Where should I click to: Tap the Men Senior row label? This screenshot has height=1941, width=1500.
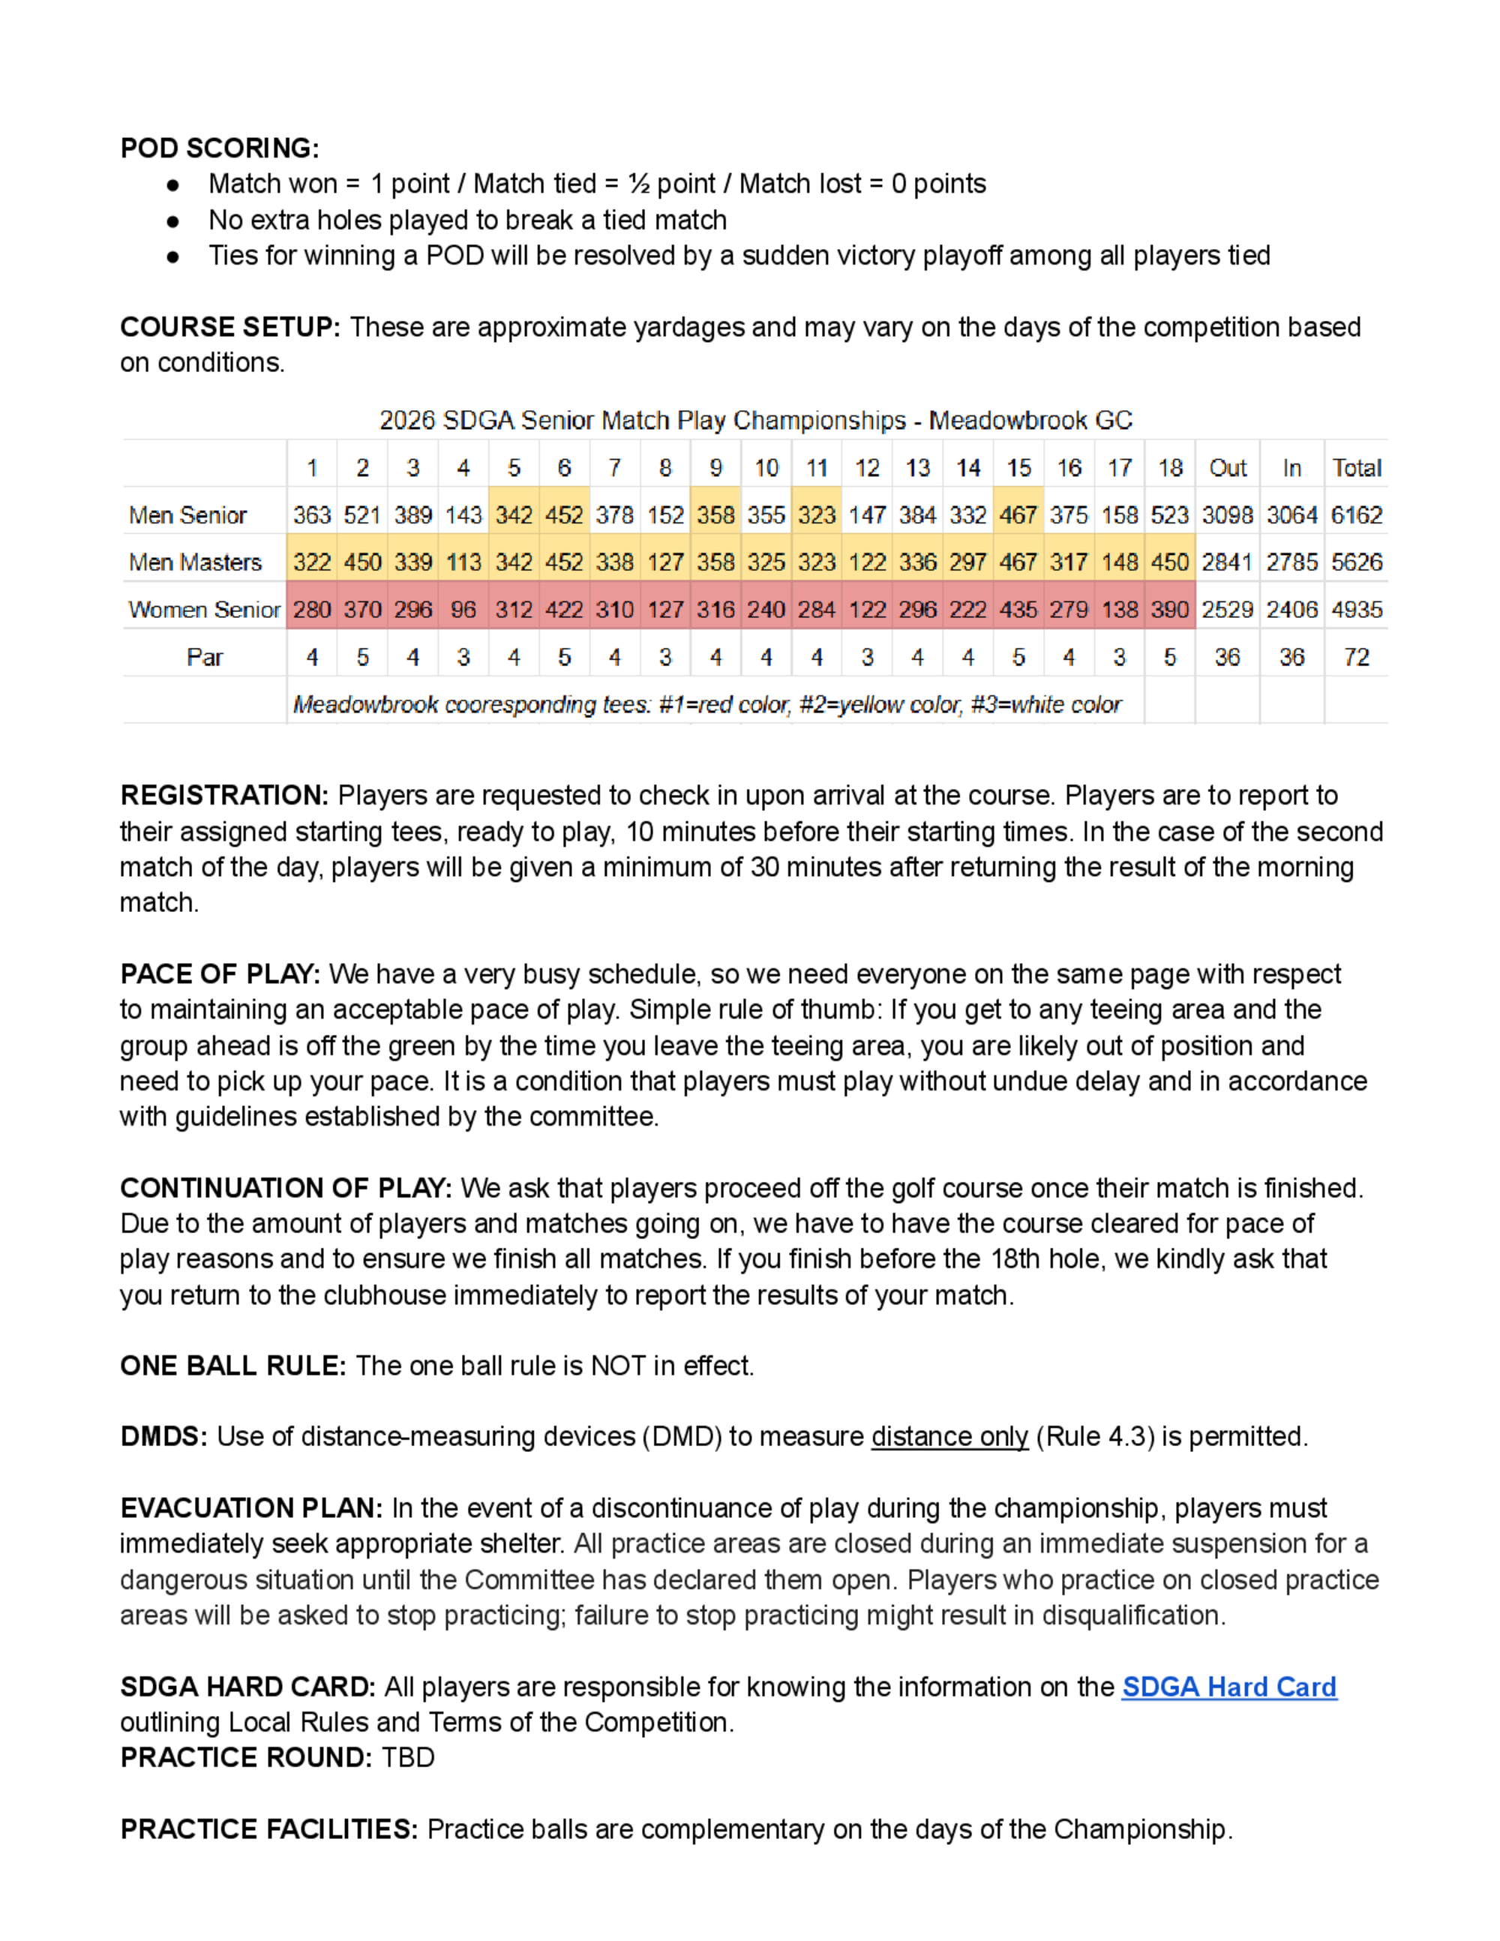coord(187,514)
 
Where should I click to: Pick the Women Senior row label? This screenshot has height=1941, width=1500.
coord(203,610)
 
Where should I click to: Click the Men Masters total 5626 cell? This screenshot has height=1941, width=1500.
coord(1356,562)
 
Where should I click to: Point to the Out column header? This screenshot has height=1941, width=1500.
coord(1227,468)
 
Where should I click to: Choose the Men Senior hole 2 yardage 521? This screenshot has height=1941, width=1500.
coord(362,514)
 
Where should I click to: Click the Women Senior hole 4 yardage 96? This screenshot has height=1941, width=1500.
coord(463,610)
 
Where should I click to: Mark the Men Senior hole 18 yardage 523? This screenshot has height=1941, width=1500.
coord(1169,514)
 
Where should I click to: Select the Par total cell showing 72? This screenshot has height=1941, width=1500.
coord(1356,658)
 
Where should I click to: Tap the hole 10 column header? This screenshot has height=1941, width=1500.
coord(766,468)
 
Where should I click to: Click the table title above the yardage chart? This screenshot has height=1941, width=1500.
coord(755,420)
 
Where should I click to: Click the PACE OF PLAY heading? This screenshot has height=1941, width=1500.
coord(220,974)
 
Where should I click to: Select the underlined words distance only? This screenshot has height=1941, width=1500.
coord(949,1437)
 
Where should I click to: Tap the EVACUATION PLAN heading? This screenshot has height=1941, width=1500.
coord(250,1508)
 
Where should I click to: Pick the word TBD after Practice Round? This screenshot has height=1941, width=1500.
coord(408,1757)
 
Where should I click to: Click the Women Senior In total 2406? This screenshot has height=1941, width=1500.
coord(1291,610)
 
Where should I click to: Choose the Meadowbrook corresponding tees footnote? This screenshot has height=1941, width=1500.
coord(706,705)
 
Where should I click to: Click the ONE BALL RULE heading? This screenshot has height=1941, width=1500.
coord(232,1366)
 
